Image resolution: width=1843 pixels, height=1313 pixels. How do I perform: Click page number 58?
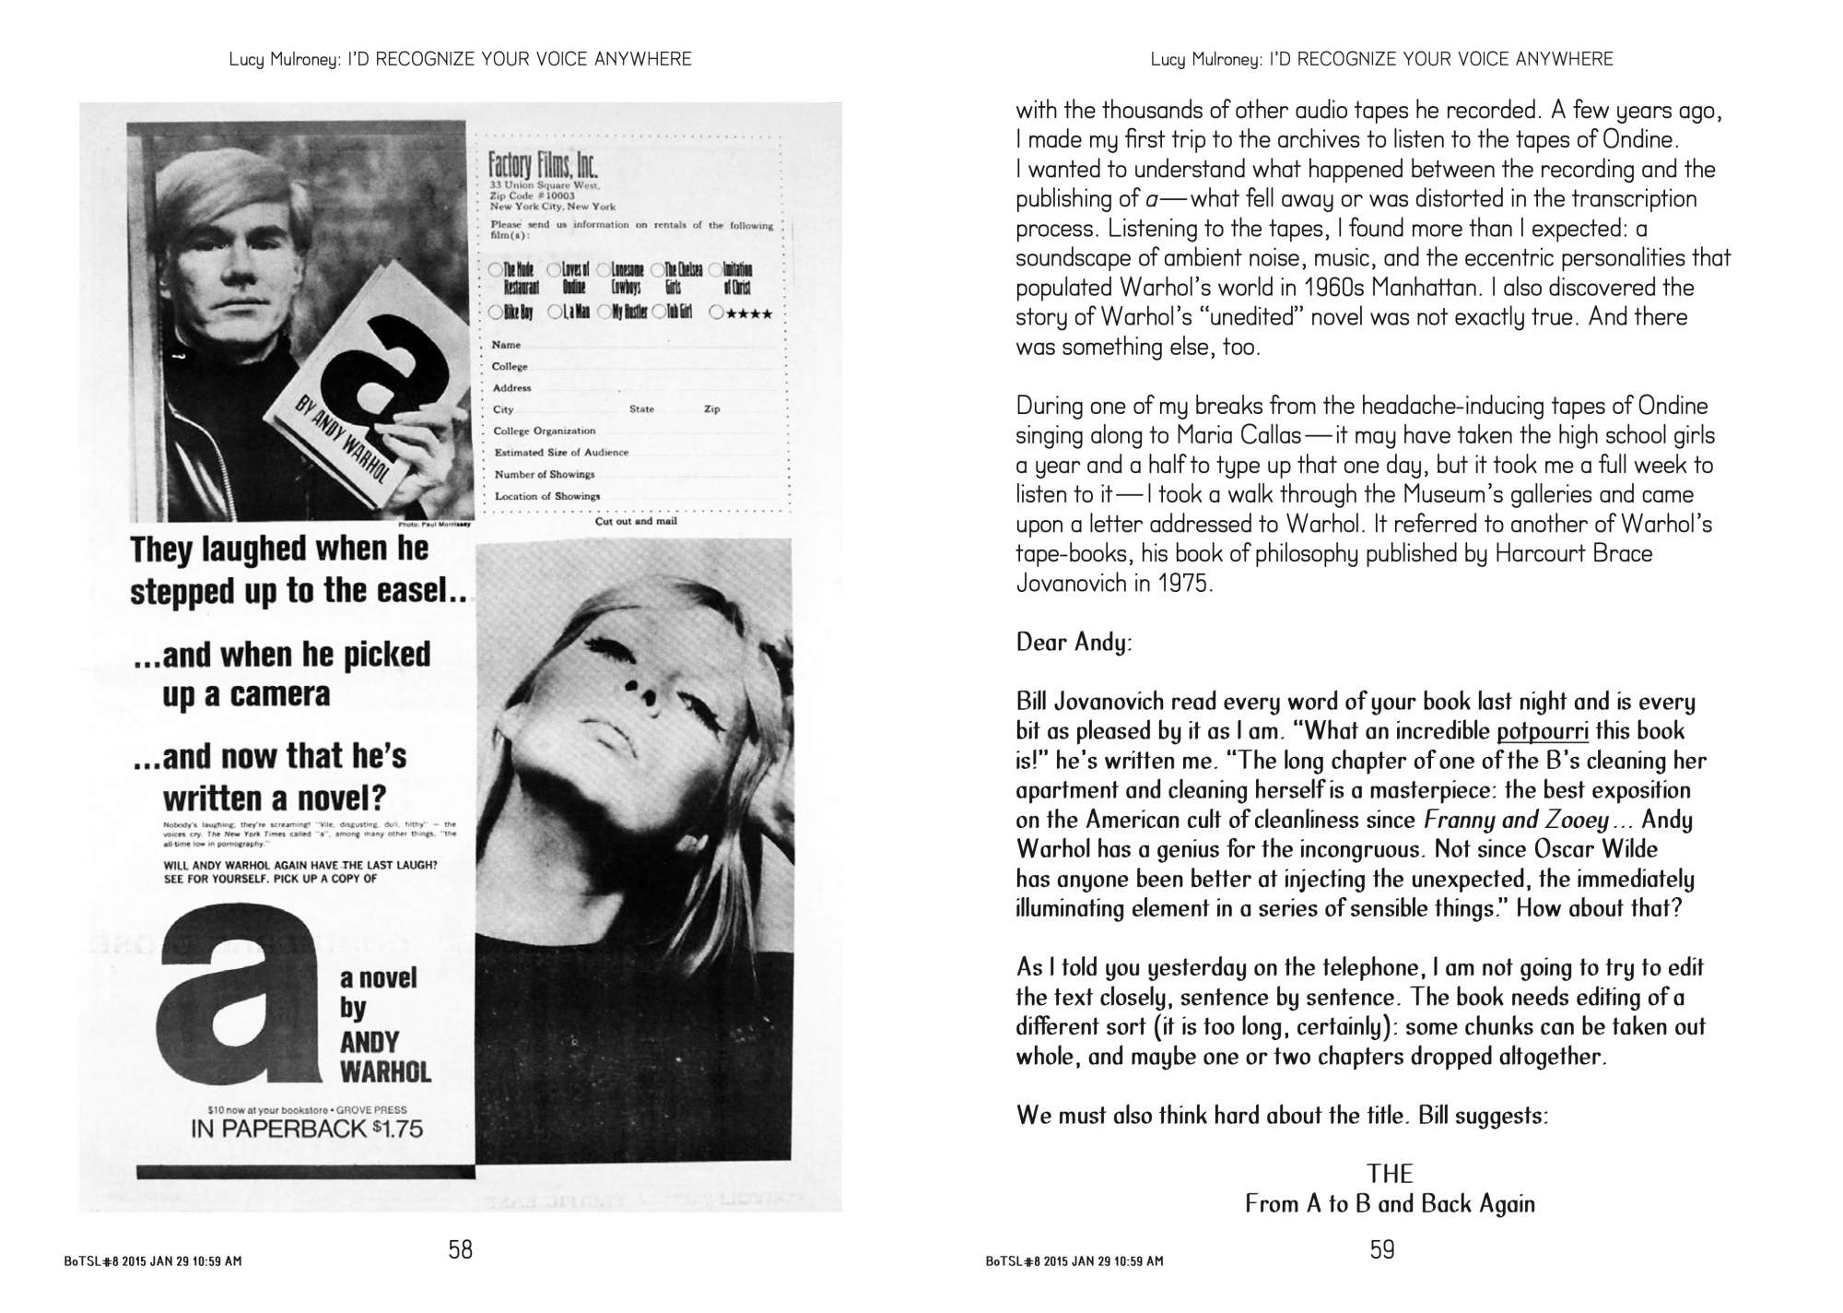(460, 1249)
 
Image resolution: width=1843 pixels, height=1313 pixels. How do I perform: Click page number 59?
(1382, 1249)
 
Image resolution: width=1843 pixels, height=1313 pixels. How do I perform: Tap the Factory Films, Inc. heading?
(543, 165)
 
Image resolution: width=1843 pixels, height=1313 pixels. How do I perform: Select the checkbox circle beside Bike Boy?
(497, 313)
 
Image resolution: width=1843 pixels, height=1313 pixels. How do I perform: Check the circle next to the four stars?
(716, 313)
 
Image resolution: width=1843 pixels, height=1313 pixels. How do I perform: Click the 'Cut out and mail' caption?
(636, 521)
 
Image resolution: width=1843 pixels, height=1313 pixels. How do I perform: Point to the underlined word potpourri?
(1543, 732)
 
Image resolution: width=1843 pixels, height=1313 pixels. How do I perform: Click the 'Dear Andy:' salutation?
(1074, 642)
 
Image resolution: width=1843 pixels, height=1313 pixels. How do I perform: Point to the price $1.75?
(394, 1129)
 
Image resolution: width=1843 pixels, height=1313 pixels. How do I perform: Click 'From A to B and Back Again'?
(1390, 1203)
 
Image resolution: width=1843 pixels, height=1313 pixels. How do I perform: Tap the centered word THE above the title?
(1390, 1174)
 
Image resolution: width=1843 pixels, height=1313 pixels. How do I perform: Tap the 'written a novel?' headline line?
(275, 797)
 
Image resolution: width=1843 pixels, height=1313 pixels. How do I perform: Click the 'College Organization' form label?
(544, 431)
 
